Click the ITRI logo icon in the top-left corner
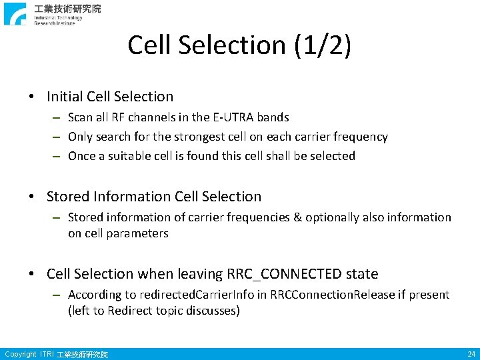[x=15, y=14]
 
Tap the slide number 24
[x=471, y=354]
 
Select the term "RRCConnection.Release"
[x=327, y=295]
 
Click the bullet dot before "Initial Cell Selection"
[x=33, y=97]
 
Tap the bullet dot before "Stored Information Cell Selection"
[x=33, y=197]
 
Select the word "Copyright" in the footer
[x=20, y=354]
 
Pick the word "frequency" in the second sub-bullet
[x=361, y=137]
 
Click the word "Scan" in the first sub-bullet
[x=81, y=117]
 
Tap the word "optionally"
[x=337, y=217]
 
